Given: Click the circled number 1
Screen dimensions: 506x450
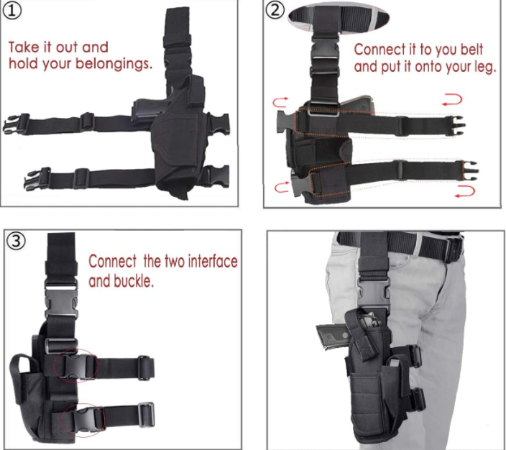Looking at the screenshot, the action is coord(12,10).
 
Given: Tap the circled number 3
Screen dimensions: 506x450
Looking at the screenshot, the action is coord(16,241).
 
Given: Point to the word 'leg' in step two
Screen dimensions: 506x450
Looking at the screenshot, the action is coord(484,67).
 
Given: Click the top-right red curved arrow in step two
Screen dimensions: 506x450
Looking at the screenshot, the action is coord(452,99).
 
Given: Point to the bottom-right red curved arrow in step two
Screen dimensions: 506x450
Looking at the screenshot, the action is coord(465,191).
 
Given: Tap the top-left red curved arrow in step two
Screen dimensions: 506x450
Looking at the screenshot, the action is coord(280,102).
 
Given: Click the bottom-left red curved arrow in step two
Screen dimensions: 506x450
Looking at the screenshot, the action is coord(282,187).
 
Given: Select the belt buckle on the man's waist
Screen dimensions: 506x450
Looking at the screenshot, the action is coord(454,249).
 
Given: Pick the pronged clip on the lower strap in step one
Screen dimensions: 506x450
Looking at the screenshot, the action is coord(36,178).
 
